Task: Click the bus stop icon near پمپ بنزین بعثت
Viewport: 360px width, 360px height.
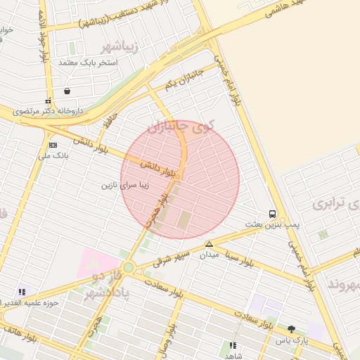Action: coord(272,214)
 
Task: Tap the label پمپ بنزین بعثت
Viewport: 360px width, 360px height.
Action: coord(267,224)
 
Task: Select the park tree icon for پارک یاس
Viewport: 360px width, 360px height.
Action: coord(292,328)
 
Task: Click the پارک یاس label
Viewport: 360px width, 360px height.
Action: coord(292,340)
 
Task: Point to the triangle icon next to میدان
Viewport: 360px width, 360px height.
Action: coord(209,244)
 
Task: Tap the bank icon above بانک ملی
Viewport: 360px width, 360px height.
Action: coord(52,144)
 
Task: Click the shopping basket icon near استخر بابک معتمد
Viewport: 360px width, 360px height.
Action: coord(67,91)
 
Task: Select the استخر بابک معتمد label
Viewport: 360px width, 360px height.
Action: coord(87,63)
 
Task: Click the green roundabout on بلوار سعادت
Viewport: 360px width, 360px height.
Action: coord(129,268)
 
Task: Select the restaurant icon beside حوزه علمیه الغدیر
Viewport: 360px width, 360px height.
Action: coord(22,292)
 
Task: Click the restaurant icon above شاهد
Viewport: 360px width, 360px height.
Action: coord(233,345)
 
